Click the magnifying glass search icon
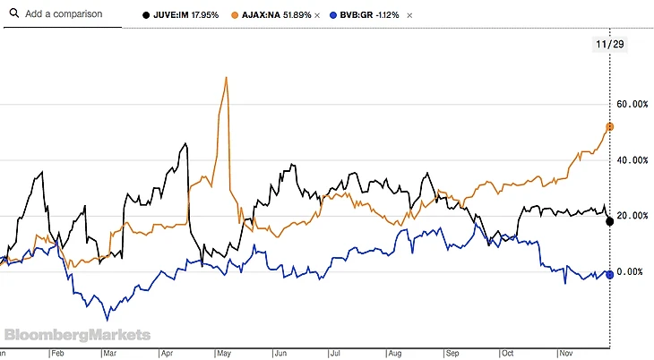tap(12, 14)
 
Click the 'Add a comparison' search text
tap(64, 14)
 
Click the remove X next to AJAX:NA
tap(316, 15)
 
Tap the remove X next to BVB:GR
tap(409, 15)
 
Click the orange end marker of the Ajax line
tap(609, 127)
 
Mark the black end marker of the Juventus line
tap(609, 221)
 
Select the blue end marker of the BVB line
tap(609, 274)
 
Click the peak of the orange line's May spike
tap(226, 77)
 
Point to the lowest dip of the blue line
tap(108, 319)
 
